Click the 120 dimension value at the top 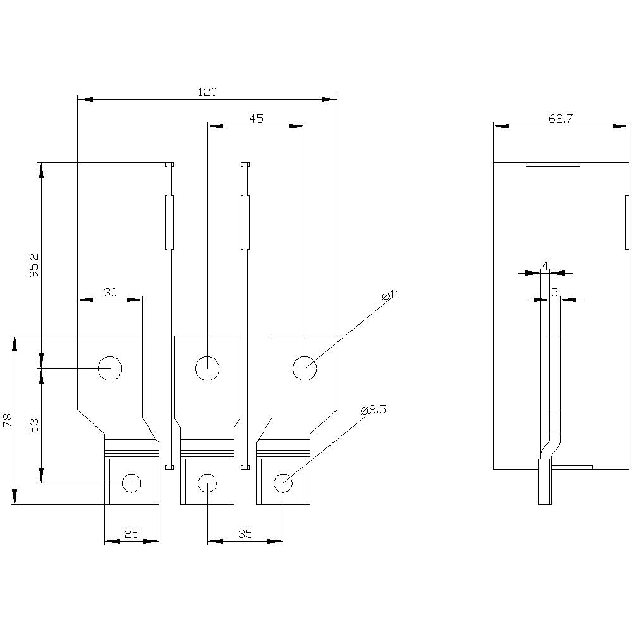[207, 92]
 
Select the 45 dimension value [256, 119]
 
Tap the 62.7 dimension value [556, 119]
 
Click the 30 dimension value [110, 292]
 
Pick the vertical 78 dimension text [7, 420]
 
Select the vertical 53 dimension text [34, 425]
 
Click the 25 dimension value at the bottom [131, 534]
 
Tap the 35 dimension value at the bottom [245, 534]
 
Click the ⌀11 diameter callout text [392, 295]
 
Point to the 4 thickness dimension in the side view [545, 266]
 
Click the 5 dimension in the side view [554, 292]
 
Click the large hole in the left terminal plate [110, 368]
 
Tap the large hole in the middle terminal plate [207, 368]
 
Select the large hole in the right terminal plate [305, 368]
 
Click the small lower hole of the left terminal [131, 483]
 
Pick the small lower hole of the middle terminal [207, 483]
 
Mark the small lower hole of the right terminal [283, 483]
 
